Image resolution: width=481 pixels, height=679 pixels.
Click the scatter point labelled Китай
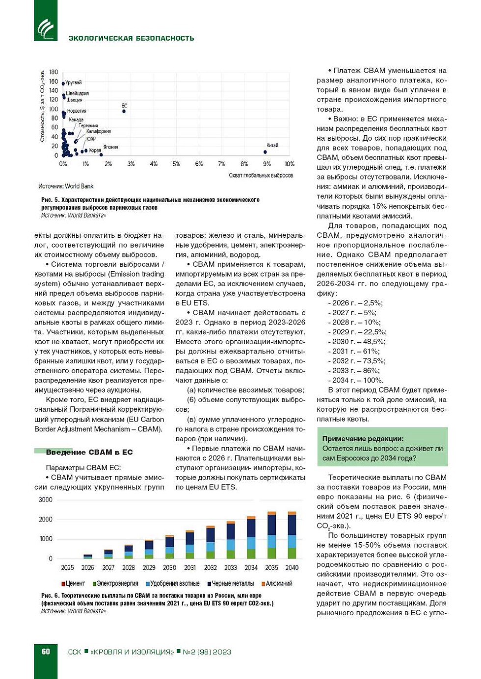pos(265,152)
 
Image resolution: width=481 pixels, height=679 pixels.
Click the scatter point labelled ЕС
pos(124,111)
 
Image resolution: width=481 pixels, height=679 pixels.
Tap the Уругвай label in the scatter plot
pos(74,83)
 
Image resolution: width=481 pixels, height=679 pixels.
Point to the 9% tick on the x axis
pos(267,164)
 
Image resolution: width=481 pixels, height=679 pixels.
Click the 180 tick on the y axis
pos(53,72)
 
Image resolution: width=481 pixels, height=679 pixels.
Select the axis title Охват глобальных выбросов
pos(261,176)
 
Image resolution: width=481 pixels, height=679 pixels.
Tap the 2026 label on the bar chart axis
pos(87,568)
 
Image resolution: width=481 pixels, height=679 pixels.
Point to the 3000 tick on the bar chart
pos(45,500)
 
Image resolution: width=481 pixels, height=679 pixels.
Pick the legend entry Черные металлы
pos(230,583)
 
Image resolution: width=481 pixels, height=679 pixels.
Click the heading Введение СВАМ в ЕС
pos(89,452)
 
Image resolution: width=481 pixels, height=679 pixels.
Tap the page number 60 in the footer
pos(46,652)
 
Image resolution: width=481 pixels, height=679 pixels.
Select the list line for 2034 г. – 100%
pos(355,380)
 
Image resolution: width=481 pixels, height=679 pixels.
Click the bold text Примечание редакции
pos(363,439)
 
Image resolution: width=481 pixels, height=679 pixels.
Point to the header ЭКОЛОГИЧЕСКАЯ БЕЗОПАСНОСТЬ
pos(131,38)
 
